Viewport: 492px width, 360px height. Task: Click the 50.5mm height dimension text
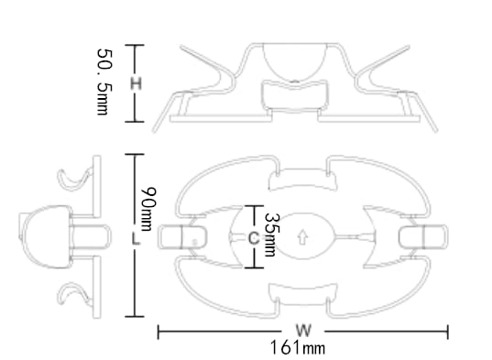(104, 82)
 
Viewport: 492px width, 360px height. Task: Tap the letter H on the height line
(136, 84)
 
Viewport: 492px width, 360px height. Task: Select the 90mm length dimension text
(148, 209)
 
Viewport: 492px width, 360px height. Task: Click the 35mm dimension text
(271, 235)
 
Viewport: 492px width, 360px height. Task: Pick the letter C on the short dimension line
(254, 237)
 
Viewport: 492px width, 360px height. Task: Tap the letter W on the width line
(303, 330)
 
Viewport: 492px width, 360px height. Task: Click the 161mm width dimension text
(298, 347)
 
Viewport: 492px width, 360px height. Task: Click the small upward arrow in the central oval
(302, 237)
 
